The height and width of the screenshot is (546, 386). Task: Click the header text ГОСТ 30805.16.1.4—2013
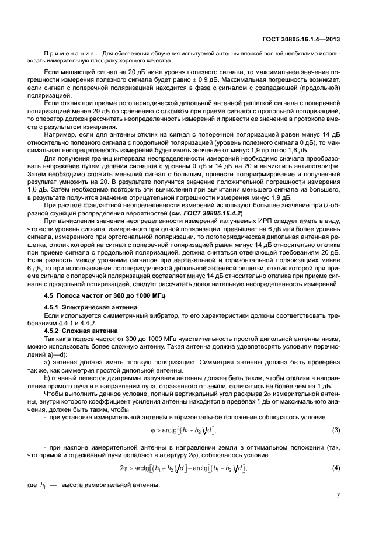(x=304, y=40)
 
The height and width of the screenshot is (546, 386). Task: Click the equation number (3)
(x=336, y=430)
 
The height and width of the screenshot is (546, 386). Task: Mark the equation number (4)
(x=336, y=468)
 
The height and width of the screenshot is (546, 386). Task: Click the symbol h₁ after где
(x=60, y=489)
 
